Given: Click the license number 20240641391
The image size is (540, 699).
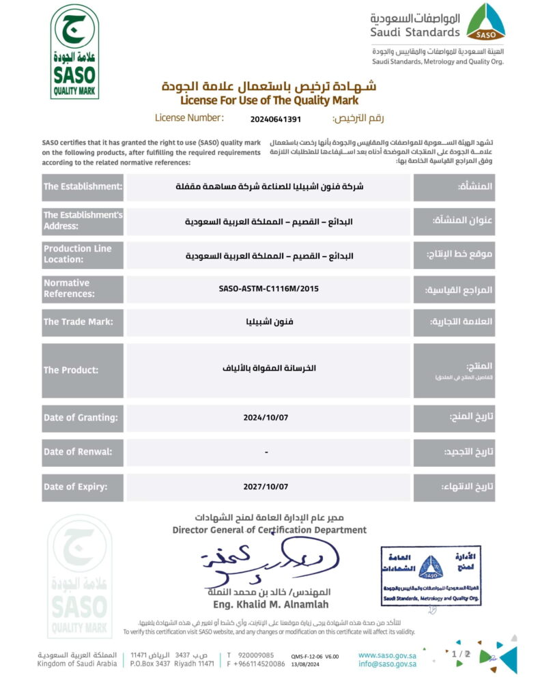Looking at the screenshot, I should click(x=275, y=119).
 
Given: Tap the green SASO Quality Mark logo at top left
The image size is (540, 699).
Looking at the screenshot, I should click(x=74, y=52).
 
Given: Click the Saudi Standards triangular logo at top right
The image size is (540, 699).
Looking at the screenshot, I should click(x=485, y=22).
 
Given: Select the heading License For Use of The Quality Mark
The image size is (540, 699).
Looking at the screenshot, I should click(x=269, y=100).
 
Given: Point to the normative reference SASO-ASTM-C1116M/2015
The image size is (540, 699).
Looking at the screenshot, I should click(x=269, y=289).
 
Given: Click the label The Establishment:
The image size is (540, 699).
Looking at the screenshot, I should click(x=83, y=186).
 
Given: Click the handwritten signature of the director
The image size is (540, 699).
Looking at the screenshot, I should click(x=273, y=561).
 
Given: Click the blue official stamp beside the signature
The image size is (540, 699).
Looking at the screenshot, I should click(x=430, y=575).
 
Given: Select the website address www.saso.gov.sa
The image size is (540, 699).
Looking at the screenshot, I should click(x=387, y=655).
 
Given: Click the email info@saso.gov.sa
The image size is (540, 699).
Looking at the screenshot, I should click(x=387, y=664).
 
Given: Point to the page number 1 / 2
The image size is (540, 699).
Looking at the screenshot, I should click(x=461, y=654).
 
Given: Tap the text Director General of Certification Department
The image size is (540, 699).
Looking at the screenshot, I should click(x=269, y=530).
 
